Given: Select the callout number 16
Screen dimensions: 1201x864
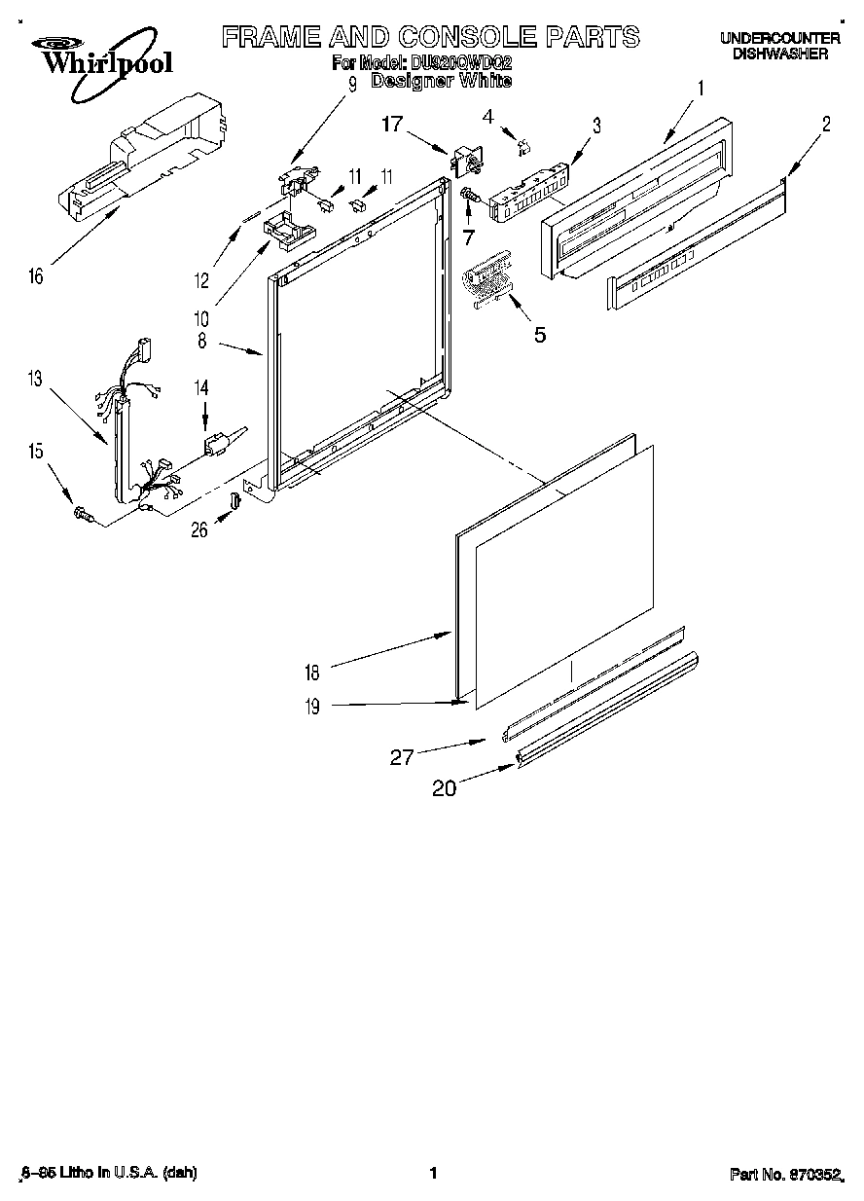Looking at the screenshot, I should click(36, 277).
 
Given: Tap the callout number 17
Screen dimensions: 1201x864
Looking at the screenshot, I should click(391, 124).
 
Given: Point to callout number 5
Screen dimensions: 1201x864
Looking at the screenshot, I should click(539, 335).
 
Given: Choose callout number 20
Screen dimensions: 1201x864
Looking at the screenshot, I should click(444, 788).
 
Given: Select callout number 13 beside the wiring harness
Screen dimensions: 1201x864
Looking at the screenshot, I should click(36, 380).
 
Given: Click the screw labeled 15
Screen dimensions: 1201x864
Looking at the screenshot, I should click(82, 514).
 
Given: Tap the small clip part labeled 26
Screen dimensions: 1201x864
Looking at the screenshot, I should click(234, 501).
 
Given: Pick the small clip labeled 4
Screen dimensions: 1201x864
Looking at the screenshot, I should click(523, 147).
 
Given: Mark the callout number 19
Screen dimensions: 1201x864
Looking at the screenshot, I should click(312, 708).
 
